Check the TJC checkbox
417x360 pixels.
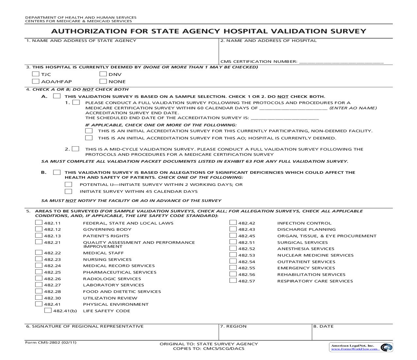click(36, 74)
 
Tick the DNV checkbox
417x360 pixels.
click(103, 74)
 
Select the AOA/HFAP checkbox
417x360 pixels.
click(36, 81)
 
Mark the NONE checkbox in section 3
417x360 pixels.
click(103, 81)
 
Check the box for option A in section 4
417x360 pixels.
click(57, 96)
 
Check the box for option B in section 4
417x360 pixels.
click(57, 172)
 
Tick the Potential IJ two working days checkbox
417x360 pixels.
click(68, 185)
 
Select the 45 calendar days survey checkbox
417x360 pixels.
click(68, 191)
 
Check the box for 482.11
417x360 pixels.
click(39, 223)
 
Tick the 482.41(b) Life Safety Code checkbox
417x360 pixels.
click(48, 311)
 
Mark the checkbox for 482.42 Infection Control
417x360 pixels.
click(233, 223)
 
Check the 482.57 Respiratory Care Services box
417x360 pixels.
click(233, 281)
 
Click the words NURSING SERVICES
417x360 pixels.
click(107, 260)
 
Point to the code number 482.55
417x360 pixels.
click(247, 268)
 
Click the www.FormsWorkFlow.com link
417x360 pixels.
click(355, 349)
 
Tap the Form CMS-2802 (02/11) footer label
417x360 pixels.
click(51, 343)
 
